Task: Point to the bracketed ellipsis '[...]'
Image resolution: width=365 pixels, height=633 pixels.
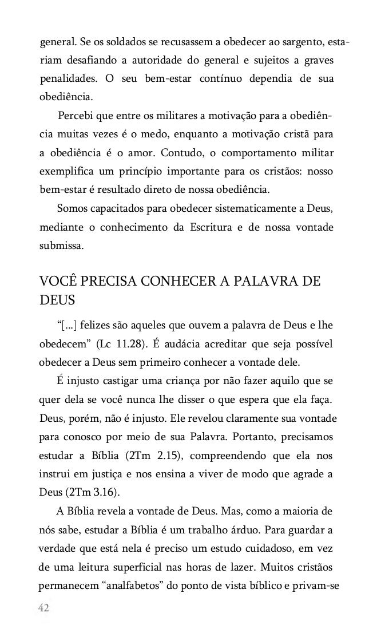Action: [x=68, y=326]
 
